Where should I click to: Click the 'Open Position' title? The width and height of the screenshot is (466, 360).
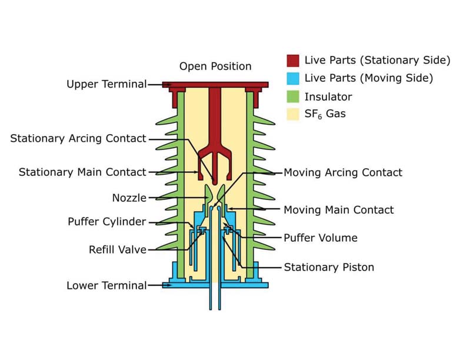[215, 66]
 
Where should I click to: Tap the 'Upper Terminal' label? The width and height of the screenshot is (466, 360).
[106, 84]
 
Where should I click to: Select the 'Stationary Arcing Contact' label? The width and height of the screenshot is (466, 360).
[78, 138]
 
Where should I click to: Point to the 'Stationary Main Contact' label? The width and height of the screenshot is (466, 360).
[82, 172]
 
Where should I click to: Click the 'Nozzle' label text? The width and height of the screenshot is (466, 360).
[129, 198]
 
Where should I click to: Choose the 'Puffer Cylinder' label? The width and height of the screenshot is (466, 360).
[106, 222]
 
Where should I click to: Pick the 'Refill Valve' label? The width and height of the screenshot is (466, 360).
[118, 249]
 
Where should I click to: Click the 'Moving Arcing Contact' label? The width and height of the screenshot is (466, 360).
[343, 172]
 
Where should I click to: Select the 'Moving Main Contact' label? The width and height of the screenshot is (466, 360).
[339, 209]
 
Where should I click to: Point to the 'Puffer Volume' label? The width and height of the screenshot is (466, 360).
[321, 238]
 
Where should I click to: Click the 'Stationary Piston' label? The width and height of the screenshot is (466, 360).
[329, 267]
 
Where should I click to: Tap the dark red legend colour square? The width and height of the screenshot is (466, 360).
[293, 60]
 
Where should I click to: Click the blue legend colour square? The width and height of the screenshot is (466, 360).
[293, 78]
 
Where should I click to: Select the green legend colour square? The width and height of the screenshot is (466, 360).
[293, 96]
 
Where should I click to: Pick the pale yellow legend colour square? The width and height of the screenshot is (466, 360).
[293, 114]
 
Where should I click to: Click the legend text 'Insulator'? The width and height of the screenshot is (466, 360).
[328, 96]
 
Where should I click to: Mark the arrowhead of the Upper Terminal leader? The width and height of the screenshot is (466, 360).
[171, 85]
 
